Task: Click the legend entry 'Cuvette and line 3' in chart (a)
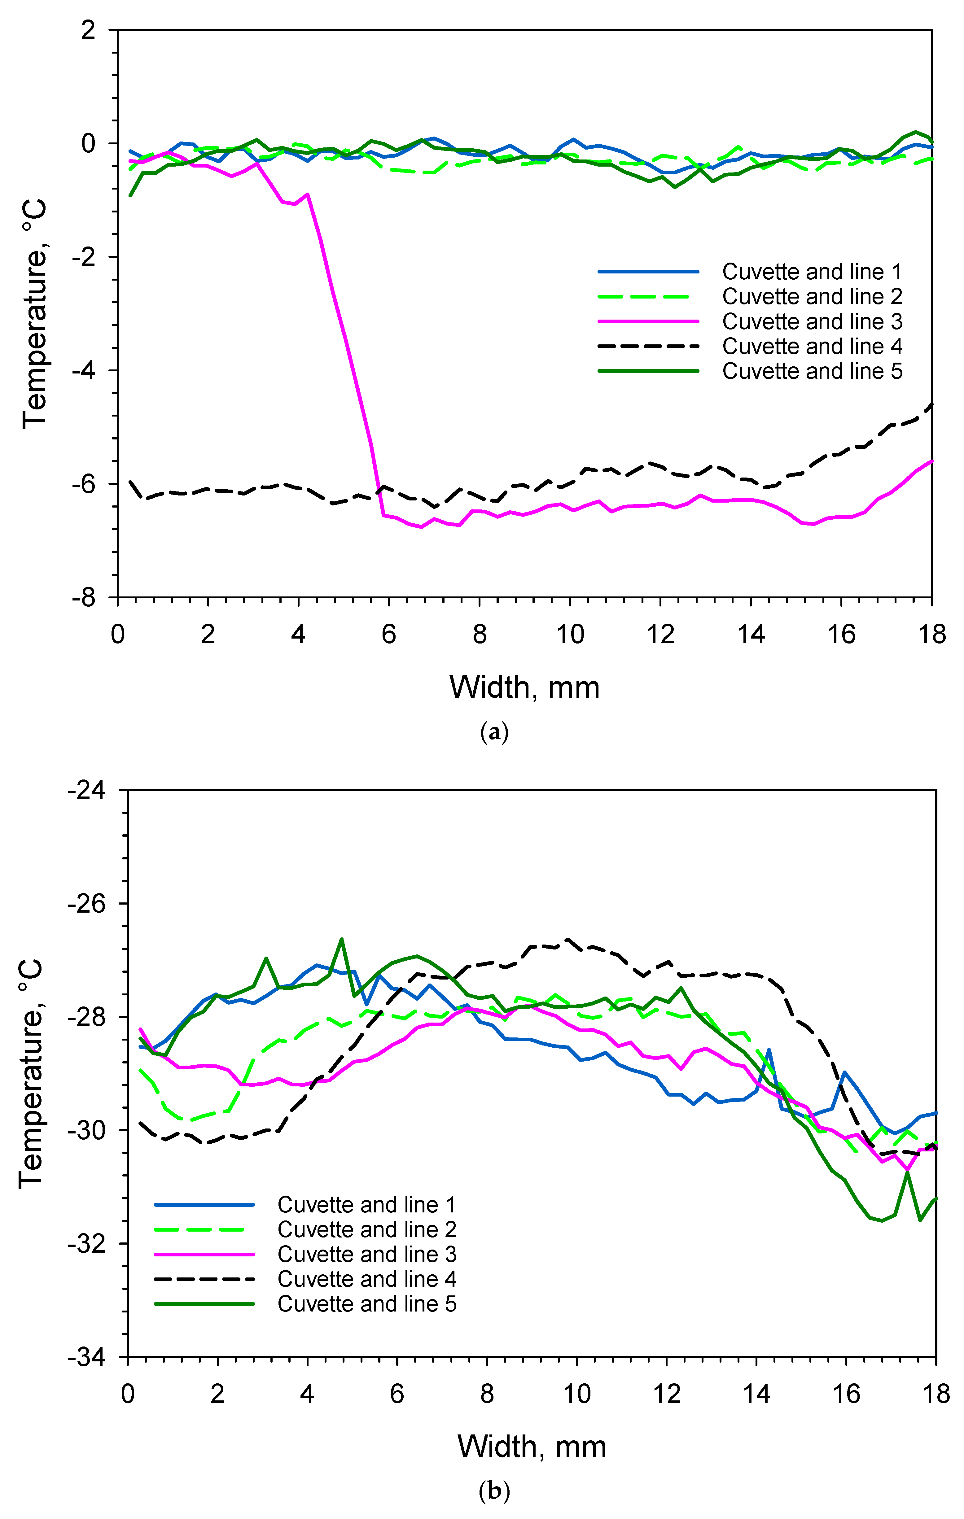(x=812, y=322)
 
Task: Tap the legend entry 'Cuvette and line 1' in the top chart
(x=812, y=272)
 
